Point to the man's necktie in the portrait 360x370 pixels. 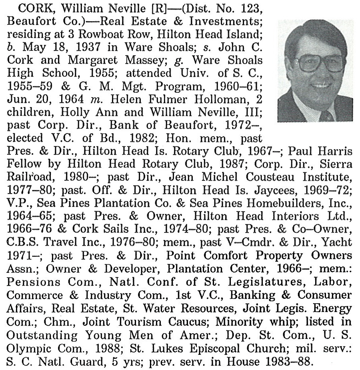point(326,116)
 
